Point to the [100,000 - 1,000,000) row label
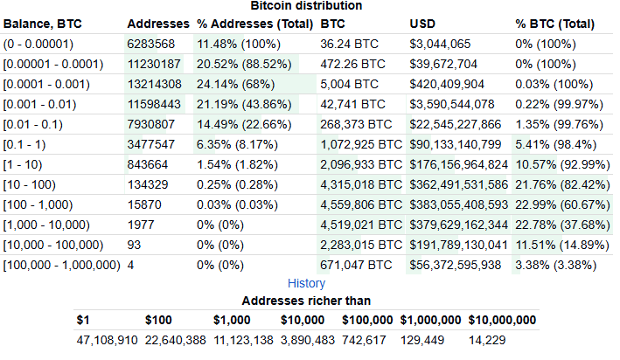(x=61, y=264)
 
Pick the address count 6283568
(x=151, y=43)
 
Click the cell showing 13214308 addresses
(x=155, y=83)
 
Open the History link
(x=306, y=283)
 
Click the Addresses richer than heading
(x=306, y=301)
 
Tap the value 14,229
(x=487, y=340)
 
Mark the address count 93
(x=135, y=244)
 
